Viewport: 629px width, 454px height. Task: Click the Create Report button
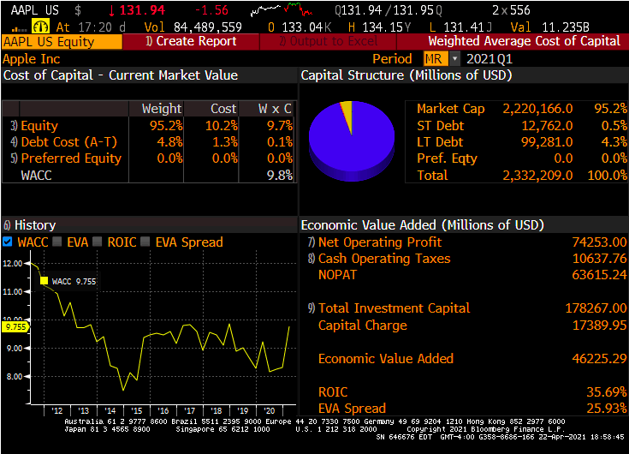pos(196,41)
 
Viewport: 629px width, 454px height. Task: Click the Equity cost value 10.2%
pos(223,126)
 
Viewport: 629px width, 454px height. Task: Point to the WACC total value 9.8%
pos(279,175)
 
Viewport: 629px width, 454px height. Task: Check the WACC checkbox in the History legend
pos(8,242)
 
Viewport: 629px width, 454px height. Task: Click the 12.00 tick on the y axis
pos(13,264)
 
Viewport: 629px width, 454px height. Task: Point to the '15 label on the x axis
pos(136,410)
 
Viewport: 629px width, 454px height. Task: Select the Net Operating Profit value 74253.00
pos(599,242)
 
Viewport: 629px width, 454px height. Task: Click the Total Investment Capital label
pos(394,308)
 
